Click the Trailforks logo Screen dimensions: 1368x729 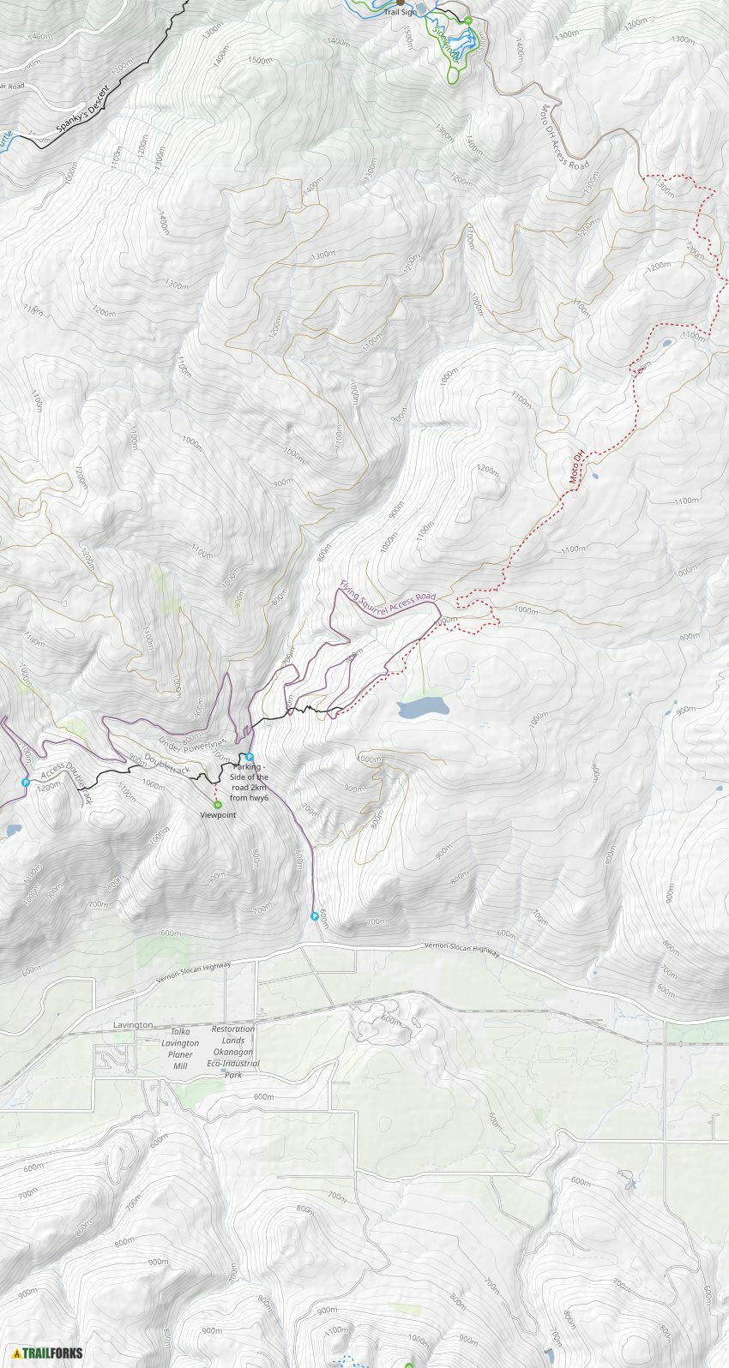point(47,1353)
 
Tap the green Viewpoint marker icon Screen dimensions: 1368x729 point(218,804)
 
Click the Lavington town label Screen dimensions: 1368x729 point(133,1025)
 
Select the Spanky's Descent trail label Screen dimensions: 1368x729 point(83,109)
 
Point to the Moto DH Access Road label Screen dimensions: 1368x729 point(563,137)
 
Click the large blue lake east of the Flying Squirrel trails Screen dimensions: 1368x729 point(423,708)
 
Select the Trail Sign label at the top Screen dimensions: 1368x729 point(401,12)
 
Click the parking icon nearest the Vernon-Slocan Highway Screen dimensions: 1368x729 point(315,916)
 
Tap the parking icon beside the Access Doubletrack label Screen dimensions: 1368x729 point(26,783)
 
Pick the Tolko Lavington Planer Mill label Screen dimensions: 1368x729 point(180,1048)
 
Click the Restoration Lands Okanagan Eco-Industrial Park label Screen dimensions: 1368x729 point(233,1051)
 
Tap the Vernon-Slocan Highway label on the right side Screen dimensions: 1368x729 point(461,949)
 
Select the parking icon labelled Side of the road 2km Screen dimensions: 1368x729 point(250,757)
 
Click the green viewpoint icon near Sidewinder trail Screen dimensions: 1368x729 point(468,21)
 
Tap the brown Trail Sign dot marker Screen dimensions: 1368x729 point(400,3)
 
